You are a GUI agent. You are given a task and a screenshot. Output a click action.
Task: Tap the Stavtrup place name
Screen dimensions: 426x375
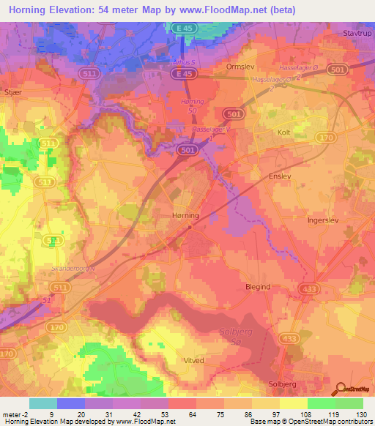tap(357, 33)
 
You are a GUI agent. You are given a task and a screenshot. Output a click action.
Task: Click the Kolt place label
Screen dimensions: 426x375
tap(284, 132)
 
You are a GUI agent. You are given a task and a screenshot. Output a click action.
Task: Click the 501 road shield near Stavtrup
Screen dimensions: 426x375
tap(357, 70)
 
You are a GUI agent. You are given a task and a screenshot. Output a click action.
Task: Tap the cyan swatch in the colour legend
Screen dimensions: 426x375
tap(43, 403)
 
